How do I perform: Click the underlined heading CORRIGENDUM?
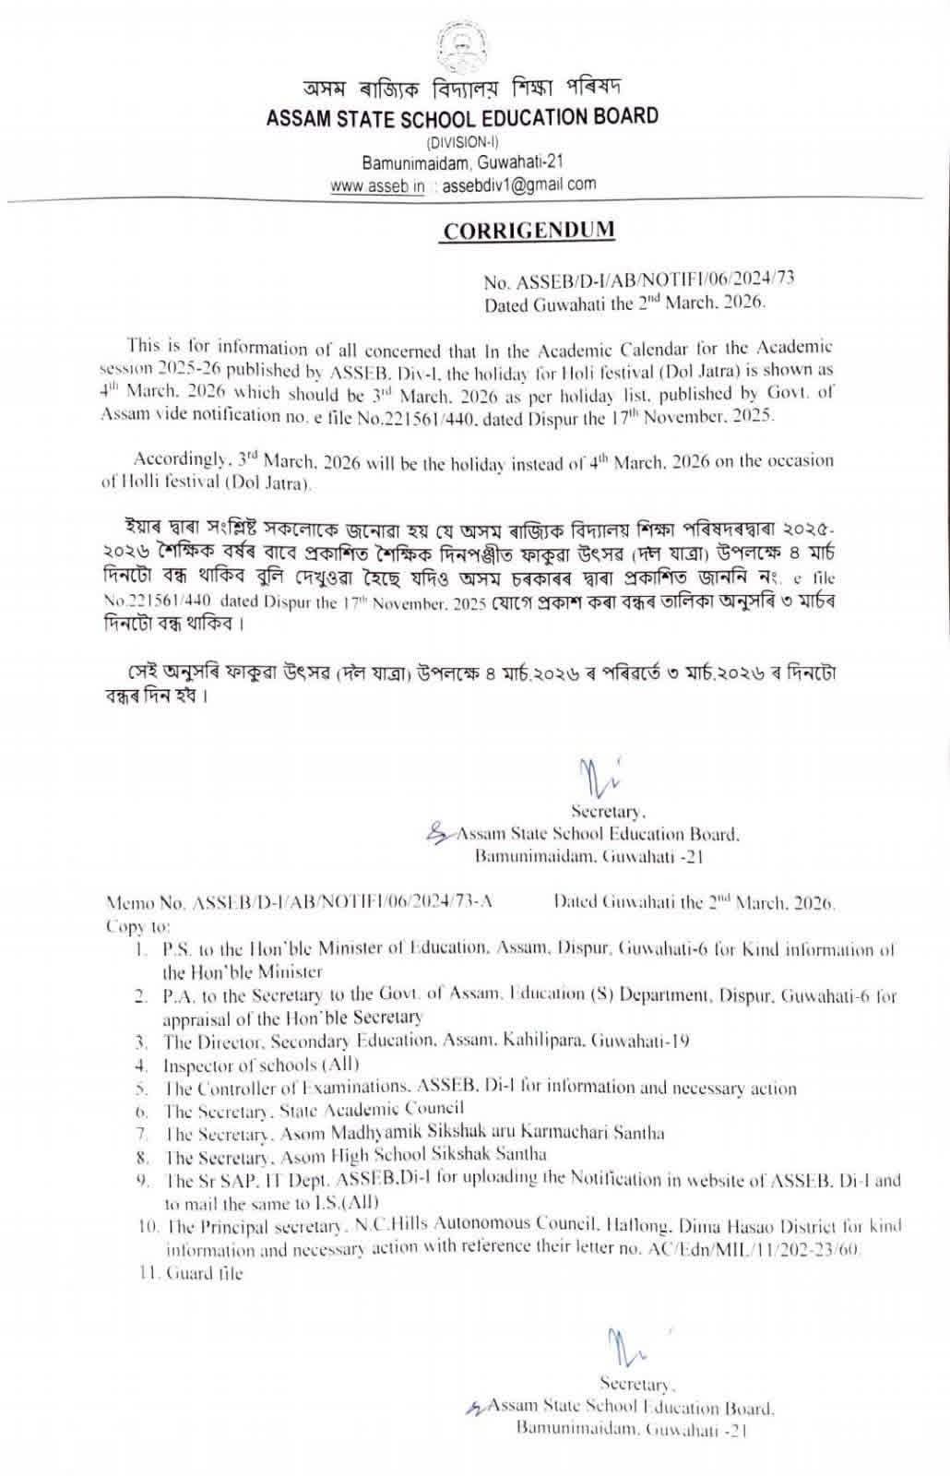tap(528, 231)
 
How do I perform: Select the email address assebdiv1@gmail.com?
tap(519, 184)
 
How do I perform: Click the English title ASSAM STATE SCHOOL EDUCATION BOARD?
tap(462, 117)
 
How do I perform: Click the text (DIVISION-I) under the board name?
tap(462, 142)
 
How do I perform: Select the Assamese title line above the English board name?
tap(462, 89)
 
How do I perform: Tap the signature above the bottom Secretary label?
tap(626, 1346)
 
